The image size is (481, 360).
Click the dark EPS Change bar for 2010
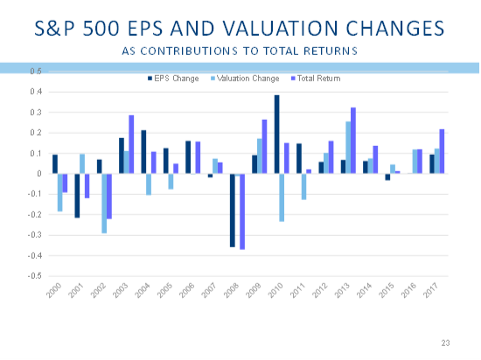[x=276, y=135]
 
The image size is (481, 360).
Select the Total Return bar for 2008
[x=242, y=211]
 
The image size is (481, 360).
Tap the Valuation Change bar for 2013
[x=348, y=148]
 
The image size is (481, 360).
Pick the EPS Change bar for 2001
[x=77, y=196]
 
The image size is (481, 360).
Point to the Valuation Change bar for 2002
[x=104, y=204]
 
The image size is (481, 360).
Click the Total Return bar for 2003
[x=131, y=144]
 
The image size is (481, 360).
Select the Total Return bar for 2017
[x=442, y=151]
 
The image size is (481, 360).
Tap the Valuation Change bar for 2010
[x=282, y=197]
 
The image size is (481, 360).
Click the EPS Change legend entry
[x=174, y=79]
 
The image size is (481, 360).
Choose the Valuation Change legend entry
[x=245, y=79]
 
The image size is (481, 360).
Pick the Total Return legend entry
[x=316, y=79]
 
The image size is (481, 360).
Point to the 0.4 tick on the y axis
[x=36, y=92]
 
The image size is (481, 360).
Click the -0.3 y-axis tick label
[x=34, y=235]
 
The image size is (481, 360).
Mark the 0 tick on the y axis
[x=39, y=174]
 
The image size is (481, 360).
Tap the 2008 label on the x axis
[x=231, y=290]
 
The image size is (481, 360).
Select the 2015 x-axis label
[x=387, y=290]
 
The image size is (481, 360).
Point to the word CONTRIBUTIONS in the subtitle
[x=189, y=51]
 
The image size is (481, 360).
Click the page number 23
[x=446, y=343]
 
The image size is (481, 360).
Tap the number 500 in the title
[x=101, y=28]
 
